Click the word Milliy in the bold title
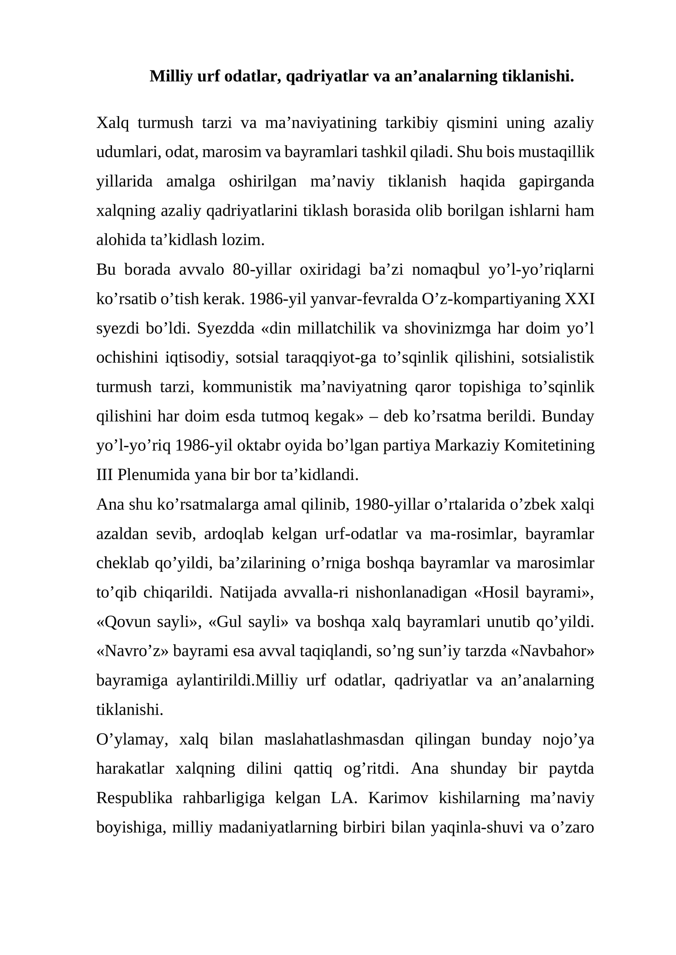(169, 76)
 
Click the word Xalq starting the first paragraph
(111, 123)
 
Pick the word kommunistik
(247, 387)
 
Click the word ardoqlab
(234, 534)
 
